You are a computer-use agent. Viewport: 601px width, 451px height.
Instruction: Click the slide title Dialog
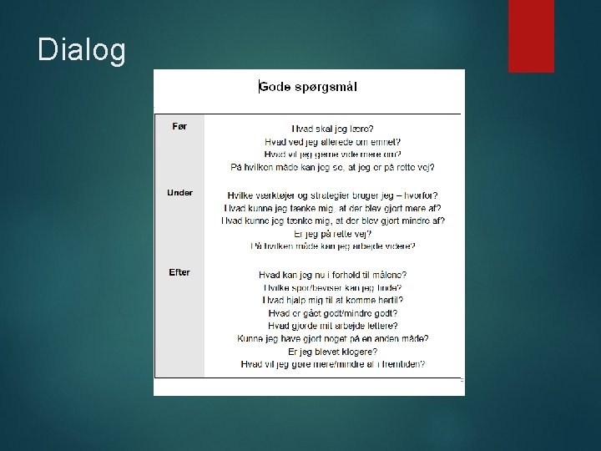click(82, 51)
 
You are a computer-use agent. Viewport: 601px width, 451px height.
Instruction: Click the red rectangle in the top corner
click(531, 35)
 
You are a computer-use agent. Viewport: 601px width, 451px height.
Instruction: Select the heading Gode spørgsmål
click(310, 86)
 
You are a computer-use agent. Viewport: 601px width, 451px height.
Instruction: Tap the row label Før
click(179, 126)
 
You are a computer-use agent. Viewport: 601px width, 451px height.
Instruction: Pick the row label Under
click(179, 193)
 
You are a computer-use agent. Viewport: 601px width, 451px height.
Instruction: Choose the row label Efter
click(179, 273)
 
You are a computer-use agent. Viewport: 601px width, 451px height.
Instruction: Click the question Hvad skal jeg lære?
click(332, 129)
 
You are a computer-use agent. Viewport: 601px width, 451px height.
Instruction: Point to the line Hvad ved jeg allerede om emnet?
click(332, 142)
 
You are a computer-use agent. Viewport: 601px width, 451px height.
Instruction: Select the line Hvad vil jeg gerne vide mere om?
click(332, 155)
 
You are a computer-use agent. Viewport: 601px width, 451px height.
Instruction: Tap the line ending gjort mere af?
click(332, 208)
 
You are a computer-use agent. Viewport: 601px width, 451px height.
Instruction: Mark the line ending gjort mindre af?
click(332, 220)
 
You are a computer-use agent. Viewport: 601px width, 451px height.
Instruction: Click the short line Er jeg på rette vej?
click(332, 234)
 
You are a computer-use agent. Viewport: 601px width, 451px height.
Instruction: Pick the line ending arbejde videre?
click(332, 246)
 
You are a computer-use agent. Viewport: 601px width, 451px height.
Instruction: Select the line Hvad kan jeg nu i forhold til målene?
click(332, 274)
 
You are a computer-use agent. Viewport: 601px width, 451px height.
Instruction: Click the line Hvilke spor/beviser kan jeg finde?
click(332, 286)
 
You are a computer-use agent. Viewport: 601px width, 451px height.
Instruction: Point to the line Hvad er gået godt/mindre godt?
click(332, 312)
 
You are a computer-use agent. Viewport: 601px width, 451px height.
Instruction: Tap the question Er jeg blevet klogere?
click(332, 352)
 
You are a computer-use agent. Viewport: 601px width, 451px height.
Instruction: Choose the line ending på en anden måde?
click(332, 338)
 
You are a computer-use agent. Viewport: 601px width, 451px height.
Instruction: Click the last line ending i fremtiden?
click(332, 364)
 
